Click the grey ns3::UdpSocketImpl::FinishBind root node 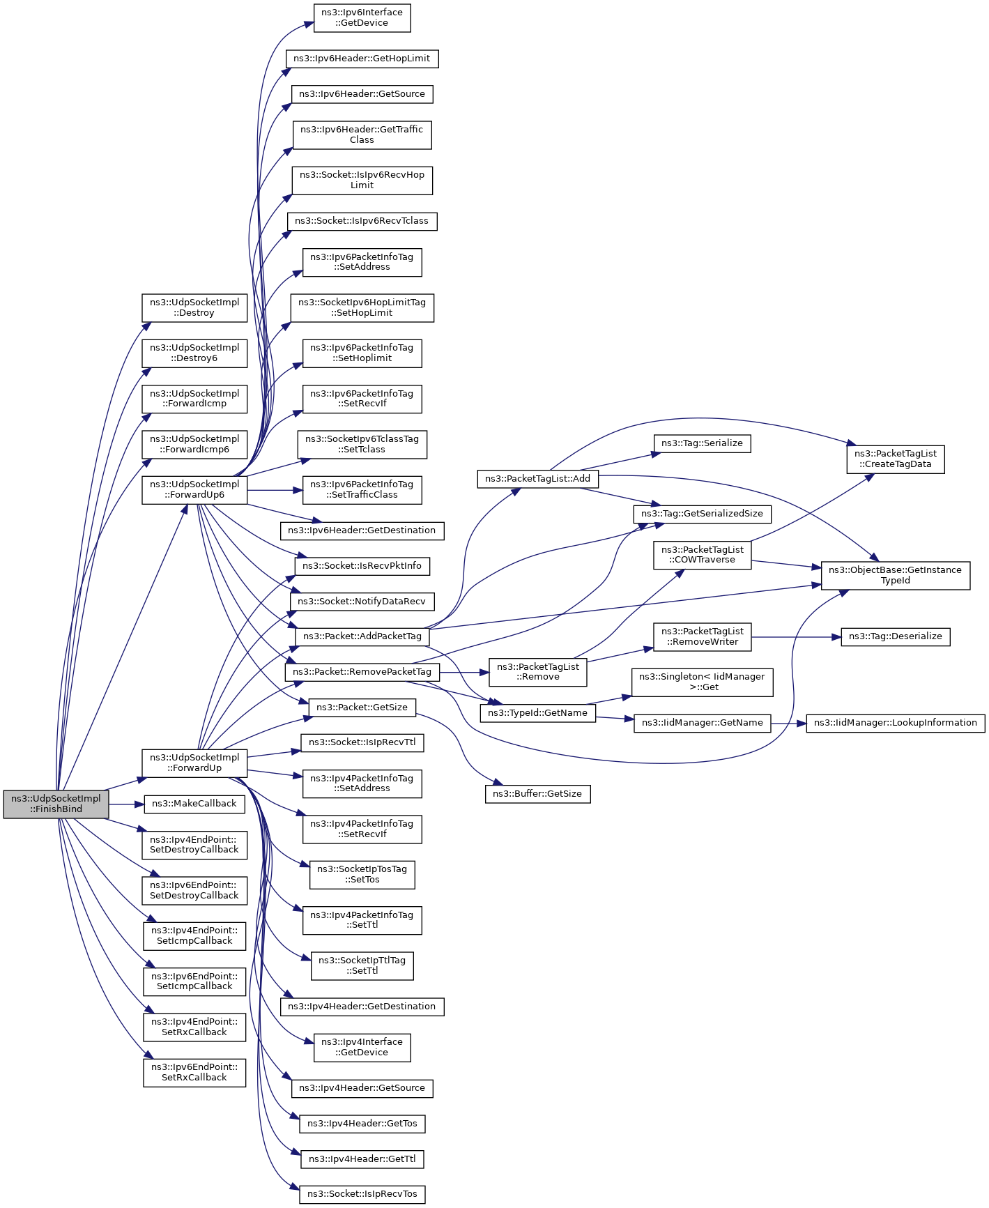(56, 804)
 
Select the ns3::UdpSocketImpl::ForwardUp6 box (194, 490)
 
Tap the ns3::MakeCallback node (194, 804)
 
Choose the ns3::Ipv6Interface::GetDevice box (362, 17)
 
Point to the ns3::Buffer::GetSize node (538, 794)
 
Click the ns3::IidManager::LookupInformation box (896, 723)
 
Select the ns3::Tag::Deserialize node (896, 636)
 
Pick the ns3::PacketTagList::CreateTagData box (896, 459)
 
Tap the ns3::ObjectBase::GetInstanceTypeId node (896, 575)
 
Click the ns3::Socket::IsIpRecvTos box (362, 1194)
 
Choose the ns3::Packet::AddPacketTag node (362, 636)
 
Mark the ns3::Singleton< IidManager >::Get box (702, 682)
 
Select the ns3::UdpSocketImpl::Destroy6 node (194, 353)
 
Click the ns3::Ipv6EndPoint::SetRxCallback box (194, 1072)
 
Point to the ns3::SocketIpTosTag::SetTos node (362, 874)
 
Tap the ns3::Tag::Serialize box (702, 443)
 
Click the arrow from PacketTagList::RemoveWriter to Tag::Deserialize (796, 637)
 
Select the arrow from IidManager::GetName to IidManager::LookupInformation (788, 724)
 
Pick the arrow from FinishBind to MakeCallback (126, 804)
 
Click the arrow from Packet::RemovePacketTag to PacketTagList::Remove (464, 673)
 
